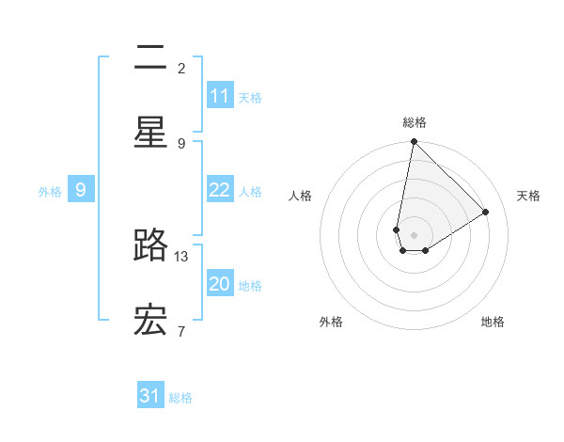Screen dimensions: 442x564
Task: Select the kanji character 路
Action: [150, 245]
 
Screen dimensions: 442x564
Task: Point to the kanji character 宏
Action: [150, 320]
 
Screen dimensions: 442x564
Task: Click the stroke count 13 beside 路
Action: [182, 256]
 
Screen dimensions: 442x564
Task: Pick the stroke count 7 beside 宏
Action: [181, 330]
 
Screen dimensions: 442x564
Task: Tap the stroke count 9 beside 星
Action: [181, 143]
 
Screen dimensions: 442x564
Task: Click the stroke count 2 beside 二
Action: [181, 68]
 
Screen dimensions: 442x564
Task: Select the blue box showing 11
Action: [220, 96]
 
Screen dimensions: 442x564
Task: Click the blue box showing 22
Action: [220, 190]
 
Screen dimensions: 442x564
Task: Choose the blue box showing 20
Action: [220, 284]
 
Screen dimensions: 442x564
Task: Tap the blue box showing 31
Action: [150, 396]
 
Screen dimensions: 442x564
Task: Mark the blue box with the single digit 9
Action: [81, 190]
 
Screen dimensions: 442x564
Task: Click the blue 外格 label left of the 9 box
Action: [50, 191]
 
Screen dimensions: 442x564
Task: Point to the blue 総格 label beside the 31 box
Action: [180, 398]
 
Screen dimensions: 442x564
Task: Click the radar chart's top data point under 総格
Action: [414, 142]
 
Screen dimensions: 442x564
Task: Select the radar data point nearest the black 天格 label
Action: [486, 212]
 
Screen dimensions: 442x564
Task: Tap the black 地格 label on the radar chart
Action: [493, 322]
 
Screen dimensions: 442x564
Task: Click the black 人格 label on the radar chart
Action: [301, 196]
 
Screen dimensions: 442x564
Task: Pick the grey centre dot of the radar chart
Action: [414, 235]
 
